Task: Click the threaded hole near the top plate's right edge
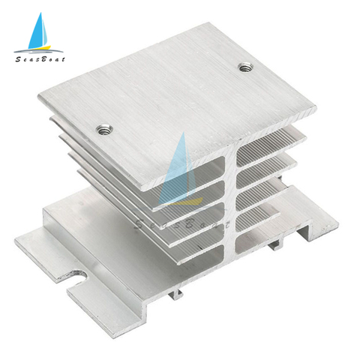point(245,67)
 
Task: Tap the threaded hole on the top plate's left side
point(104,130)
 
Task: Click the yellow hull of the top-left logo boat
point(40,47)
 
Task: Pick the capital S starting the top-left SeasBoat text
point(19,59)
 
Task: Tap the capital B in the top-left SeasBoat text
point(43,59)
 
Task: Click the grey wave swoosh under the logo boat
point(39,52)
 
